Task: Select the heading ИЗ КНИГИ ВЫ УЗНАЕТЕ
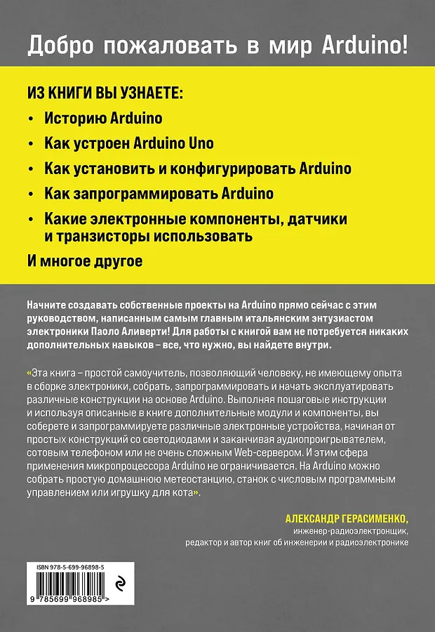tap(104, 93)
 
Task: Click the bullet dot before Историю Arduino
tap(30, 119)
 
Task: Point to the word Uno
tap(201, 143)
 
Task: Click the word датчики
tap(317, 219)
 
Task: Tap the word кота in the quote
tap(182, 494)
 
